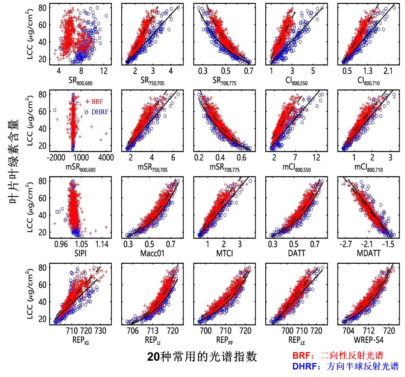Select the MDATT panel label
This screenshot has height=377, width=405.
(x=368, y=253)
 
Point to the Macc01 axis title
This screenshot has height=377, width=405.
(x=152, y=253)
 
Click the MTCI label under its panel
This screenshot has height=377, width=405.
(x=224, y=253)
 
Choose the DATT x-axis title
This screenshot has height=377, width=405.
(x=297, y=253)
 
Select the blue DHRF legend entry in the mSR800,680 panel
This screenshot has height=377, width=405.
(x=97, y=112)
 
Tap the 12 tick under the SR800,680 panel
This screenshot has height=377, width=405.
(x=103, y=71)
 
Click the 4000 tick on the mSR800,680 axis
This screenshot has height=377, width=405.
(x=106, y=157)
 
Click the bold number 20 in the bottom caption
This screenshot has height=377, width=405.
(x=153, y=356)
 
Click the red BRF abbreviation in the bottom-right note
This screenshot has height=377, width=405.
(x=300, y=356)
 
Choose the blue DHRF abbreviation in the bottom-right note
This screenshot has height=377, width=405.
(x=303, y=367)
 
